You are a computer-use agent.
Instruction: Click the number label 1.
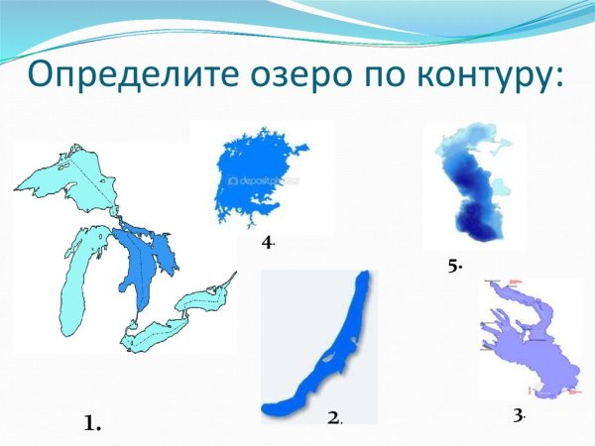[93, 423]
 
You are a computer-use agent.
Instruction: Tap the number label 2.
[334, 419]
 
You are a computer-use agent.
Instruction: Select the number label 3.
[518, 414]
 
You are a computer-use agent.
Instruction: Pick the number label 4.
[268, 242]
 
